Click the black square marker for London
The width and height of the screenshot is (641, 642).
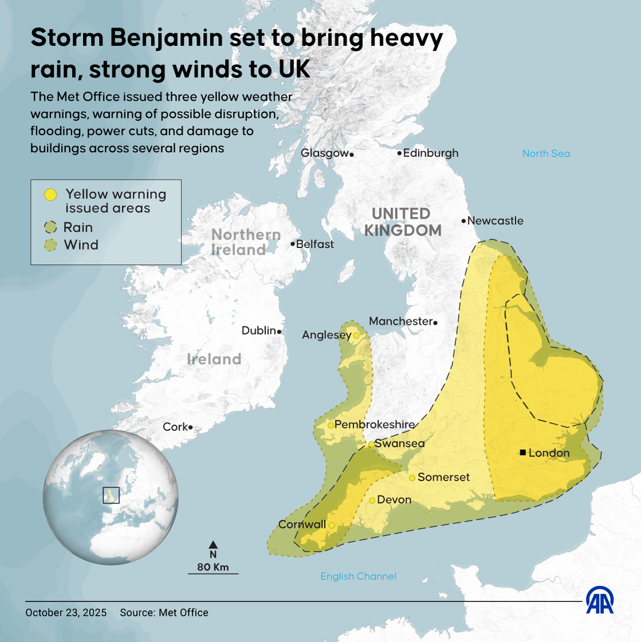tap(523, 452)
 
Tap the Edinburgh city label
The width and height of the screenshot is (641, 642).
tap(430, 153)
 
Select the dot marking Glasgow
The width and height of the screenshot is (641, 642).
tap(351, 154)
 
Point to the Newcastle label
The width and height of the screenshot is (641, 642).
tap(495, 220)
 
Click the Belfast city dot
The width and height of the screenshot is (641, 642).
tap(292, 245)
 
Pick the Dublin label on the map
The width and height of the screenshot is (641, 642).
tap(259, 330)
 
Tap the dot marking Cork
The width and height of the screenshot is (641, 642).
tap(191, 427)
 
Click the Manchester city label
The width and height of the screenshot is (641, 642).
tap(401, 321)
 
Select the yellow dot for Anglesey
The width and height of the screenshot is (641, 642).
tap(356, 336)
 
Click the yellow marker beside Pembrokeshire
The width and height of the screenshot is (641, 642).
tap(331, 425)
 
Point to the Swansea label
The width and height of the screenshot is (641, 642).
tap(399, 443)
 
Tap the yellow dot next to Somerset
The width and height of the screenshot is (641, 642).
tap(412, 478)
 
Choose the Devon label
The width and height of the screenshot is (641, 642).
tap(394, 500)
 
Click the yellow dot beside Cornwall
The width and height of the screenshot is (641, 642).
tap(331, 525)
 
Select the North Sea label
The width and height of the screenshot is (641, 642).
tap(546, 153)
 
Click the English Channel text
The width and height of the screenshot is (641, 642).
tap(358, 576)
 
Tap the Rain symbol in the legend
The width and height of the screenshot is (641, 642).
tap(51, 227)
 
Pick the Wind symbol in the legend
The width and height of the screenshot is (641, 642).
tap(51, 245)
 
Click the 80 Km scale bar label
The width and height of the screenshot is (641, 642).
tap(213, 567)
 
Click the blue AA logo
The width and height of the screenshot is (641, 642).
tap(600, 600)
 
